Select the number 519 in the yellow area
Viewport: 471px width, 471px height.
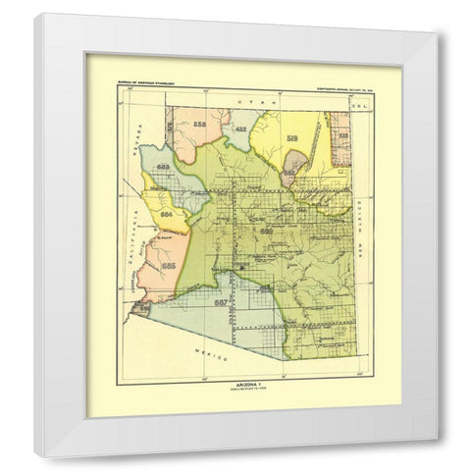293,139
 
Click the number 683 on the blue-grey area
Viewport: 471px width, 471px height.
163,169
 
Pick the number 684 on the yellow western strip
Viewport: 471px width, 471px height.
167,212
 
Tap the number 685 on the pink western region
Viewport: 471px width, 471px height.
169,265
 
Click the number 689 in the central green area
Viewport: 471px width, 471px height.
266,230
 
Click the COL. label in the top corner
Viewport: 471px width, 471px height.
342,101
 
